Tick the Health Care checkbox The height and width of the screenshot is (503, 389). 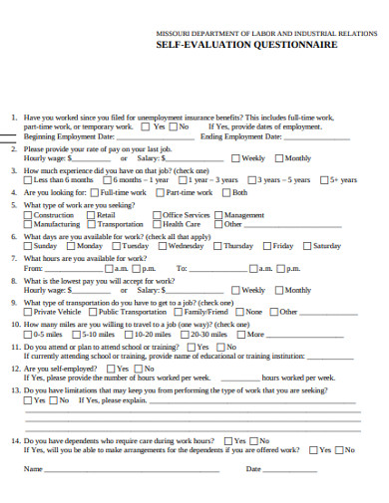coord(158,225)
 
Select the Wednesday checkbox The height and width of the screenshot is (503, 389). coord(163,246)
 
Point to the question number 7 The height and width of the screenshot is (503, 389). coord(13,258)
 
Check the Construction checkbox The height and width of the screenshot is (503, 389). coord(29,215)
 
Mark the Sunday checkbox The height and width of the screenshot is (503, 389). coord(29,246)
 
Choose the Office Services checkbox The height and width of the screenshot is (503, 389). coord(158,215)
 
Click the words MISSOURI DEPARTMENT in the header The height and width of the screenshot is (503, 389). coord(196,32)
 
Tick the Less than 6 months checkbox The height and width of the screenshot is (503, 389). coord(29,180)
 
